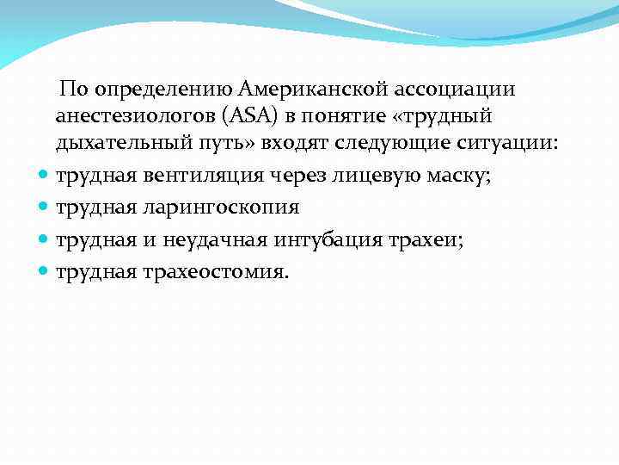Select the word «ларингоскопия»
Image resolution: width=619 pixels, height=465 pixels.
(x=224, y=208)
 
